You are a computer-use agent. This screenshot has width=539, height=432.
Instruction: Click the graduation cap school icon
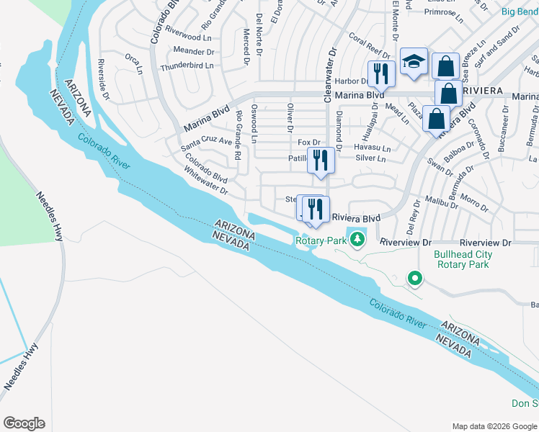tap(414, 63)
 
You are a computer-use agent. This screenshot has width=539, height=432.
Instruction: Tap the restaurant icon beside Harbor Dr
tap(380, 73)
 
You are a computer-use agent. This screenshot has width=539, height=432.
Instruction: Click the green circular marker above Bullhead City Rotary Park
tap(414, 277)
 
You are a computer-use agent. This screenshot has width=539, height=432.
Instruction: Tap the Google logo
tap(24, 423)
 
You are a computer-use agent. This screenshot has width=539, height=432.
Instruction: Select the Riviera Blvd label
tap(355, 218)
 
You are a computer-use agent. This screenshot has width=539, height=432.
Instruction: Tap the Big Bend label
tap(518, 11)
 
